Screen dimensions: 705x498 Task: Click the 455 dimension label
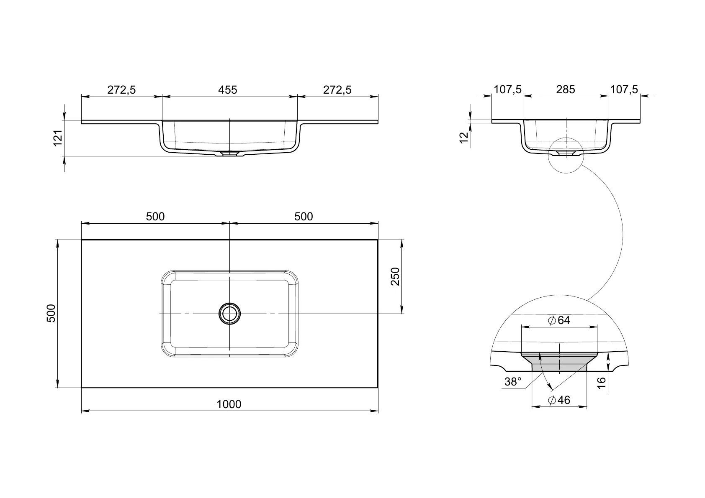click(228, 90)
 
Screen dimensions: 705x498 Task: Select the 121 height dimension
click(58, 138)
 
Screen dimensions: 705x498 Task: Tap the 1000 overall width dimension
click(229, 404)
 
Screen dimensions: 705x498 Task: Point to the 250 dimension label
click(395, 276)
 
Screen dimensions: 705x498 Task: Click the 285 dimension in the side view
click(565, 89)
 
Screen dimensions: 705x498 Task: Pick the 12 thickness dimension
click(464, 138)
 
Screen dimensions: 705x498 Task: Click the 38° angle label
click(513, 382)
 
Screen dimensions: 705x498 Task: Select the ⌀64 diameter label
click(559, 320)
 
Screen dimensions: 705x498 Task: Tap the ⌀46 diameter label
click(559, 400)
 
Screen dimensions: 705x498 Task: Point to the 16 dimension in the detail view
click(602, 383)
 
